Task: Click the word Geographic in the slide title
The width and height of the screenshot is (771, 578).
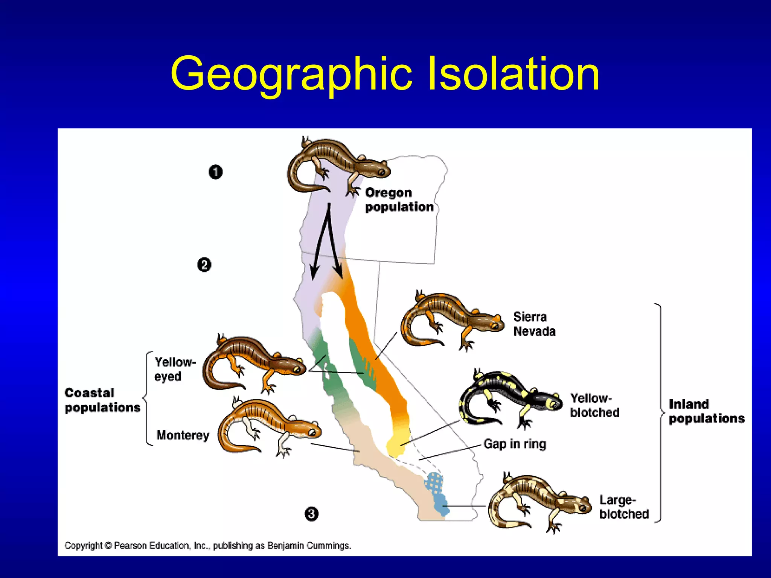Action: click(x=291, y=74)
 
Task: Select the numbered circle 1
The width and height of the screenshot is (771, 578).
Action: click(x=215, y=172)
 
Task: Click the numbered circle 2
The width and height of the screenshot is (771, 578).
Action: click(x=204, y=265)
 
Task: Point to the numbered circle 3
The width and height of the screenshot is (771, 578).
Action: click(x=311, y=514)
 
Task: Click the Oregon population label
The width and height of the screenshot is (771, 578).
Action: click(x=399, y=200)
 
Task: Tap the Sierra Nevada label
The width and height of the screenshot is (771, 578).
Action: click(x=534, y=324)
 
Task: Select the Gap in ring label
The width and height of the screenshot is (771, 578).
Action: click(x=515, y=444)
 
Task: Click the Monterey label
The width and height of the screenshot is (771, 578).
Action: click(x=183, y=435)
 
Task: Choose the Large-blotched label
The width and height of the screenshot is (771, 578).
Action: click(x=624, y=507)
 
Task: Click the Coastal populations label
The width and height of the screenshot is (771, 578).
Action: click(x=102, y=400)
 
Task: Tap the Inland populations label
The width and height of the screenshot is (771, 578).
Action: click(x=706, y=411)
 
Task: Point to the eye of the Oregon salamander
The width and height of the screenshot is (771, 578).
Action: click(x=381, y=172)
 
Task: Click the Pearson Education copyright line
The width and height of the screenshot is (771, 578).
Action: click(x=207, y=545)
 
